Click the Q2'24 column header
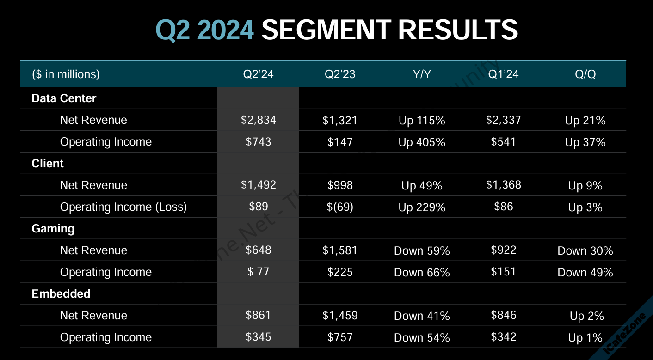(x=258, y=74)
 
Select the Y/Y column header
(x=422, y=74)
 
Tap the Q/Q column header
(x=585, y=74)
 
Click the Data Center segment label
(x=64, y=98)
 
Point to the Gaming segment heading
(x=53, y=229)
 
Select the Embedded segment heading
(x=61, y=294)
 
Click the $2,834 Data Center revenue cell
(x=258, y=120)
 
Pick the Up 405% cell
(x=422, y=142)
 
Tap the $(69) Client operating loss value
(x=340, y=207)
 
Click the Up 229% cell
(x=422, y=207)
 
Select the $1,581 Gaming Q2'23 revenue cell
(x=340, y=250)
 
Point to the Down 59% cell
(x=422, y=251)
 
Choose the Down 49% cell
(x=585, y=273)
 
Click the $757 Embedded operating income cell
(x=340, y=337)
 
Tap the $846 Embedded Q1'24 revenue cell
(x=503, y=315)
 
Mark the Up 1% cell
(x=585, y=338)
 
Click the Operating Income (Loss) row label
(x=123, y=207)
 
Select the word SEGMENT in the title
(x=326, y=30)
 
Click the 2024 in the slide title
(x=226, y=30)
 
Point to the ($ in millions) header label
(x=66, y=74)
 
